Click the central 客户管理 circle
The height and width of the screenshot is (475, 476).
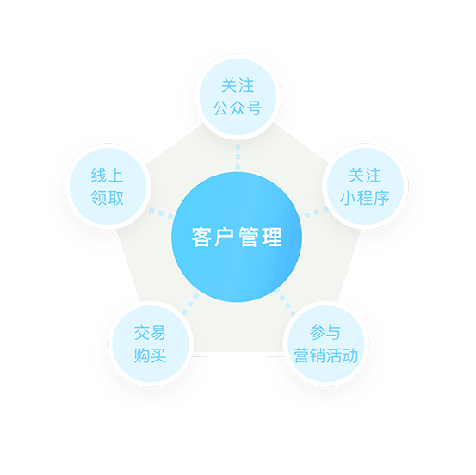tap(237, 237)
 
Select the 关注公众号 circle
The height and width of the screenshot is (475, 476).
tap(238, 97)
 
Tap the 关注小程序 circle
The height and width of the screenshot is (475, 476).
tap(365, 187)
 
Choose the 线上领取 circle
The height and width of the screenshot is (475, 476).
tap(108, 187)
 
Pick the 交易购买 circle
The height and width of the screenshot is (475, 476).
tap(151, 344)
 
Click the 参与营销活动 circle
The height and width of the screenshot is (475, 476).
tap(326, 344)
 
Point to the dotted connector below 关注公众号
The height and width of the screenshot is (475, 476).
tap(238, 157)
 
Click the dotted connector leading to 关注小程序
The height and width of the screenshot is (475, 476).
tap(316, 213)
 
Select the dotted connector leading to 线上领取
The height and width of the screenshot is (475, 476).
tap(161, 213)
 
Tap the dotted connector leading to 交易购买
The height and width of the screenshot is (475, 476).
tap(190, 304)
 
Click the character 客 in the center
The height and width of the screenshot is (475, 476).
tap(201, 237)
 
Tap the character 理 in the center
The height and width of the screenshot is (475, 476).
tap(272, 237)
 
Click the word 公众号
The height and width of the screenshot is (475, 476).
tap(238, 108)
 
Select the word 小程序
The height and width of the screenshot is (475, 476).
tap(365, 198)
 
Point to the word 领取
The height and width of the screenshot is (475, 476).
tap(108, 198)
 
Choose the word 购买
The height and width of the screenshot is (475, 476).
tap(150, 355)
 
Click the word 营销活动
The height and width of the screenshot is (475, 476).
tap(326, 355)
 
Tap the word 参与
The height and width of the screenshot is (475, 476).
tap(325, 333)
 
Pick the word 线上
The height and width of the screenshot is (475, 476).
tap(107, 176)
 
